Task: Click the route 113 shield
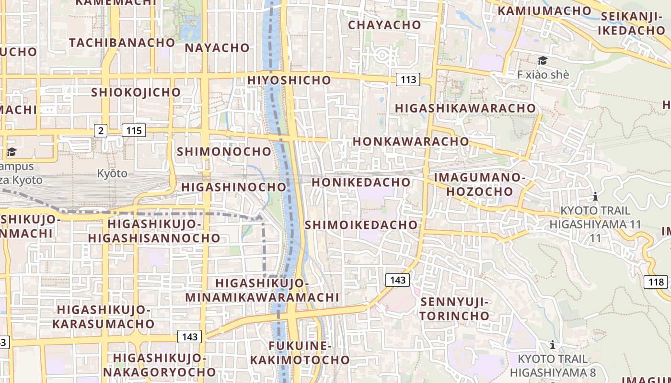(408, 79)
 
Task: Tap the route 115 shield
(134, 130)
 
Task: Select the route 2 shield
(101, 130)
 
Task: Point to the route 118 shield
(655, 282)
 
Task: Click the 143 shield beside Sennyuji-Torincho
(398, 280)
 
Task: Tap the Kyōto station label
(112, 173)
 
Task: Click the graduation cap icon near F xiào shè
(543, 60)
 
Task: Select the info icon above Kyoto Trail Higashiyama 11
(595, 196)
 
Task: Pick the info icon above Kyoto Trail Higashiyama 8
(553, 345)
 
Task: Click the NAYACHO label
(217, 48)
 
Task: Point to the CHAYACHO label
(384, 25)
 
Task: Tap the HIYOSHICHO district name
(289, 80)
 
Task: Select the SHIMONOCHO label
(224, 152)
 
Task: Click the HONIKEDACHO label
(361, 182)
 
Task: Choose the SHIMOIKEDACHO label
(361, 225)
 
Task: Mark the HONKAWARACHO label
(411, 142)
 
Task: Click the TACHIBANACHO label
(122, 43)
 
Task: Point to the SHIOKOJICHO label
(136, 92)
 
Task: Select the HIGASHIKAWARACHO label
(465, 108)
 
